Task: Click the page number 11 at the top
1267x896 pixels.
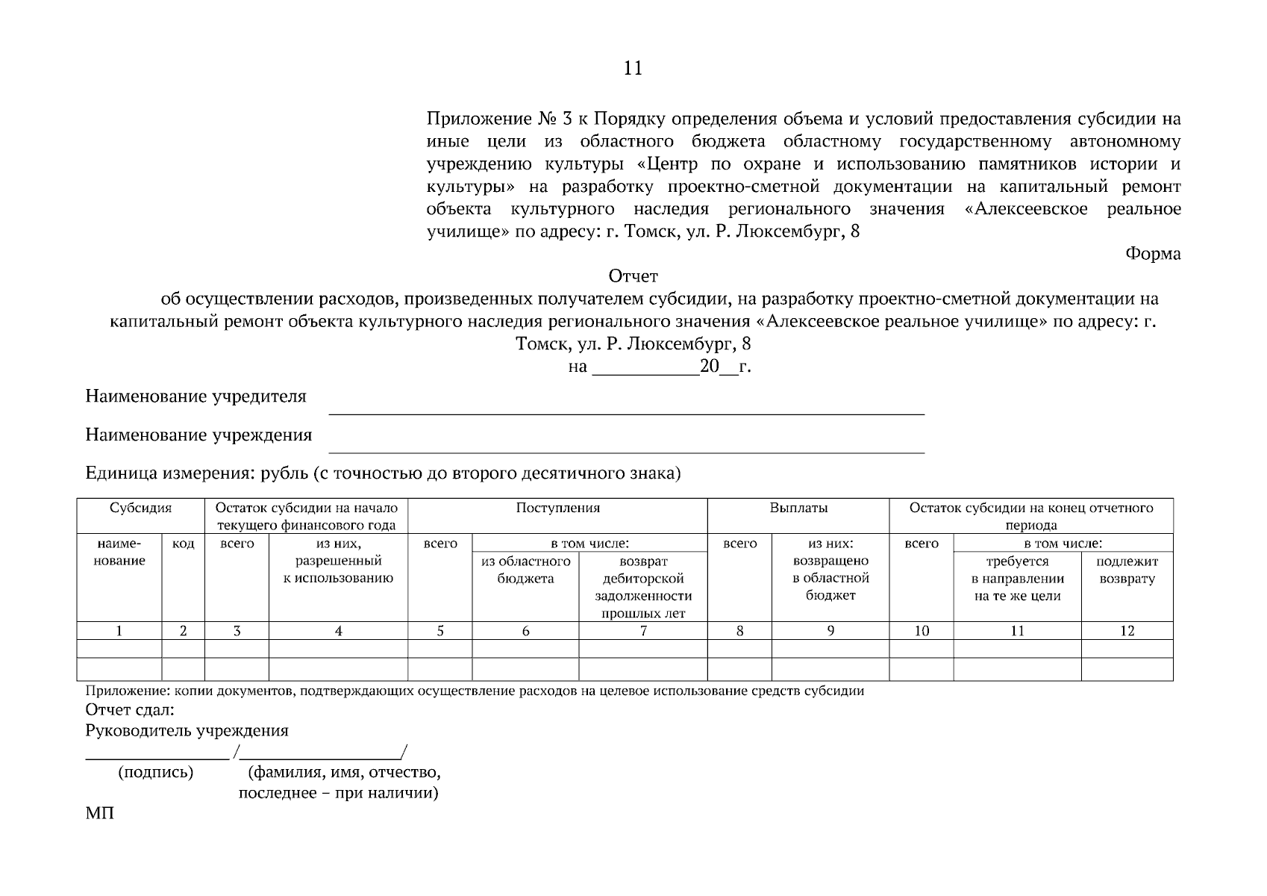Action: click(x=632, y=69)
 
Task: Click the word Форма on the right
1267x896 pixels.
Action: click(x=1153, y=254)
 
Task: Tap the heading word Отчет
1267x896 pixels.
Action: click(x=633, y=276)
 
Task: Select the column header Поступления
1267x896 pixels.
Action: click(x=557, y=508)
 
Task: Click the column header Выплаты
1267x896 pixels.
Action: click(x=798, y=508)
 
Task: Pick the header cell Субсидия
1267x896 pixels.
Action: click(x=140, y=508)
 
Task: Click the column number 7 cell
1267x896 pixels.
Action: click(x=642, y=631)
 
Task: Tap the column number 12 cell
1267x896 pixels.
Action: click(x=1127, y=631)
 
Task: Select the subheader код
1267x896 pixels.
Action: click(x=183, y=544)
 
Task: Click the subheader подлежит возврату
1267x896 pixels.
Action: click(x=1127, y=570)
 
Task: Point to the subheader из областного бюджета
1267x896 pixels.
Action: click(x=525, y=570)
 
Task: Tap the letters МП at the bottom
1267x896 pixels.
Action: click(x=100, y=813)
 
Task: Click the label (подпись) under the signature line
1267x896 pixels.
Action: click(x=155, y=772)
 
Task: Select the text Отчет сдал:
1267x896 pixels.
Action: click(x=130, y=709)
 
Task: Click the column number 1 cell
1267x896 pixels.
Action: click(x=119, y=631)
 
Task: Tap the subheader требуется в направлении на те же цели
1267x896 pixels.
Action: click(x=1017, y=579)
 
